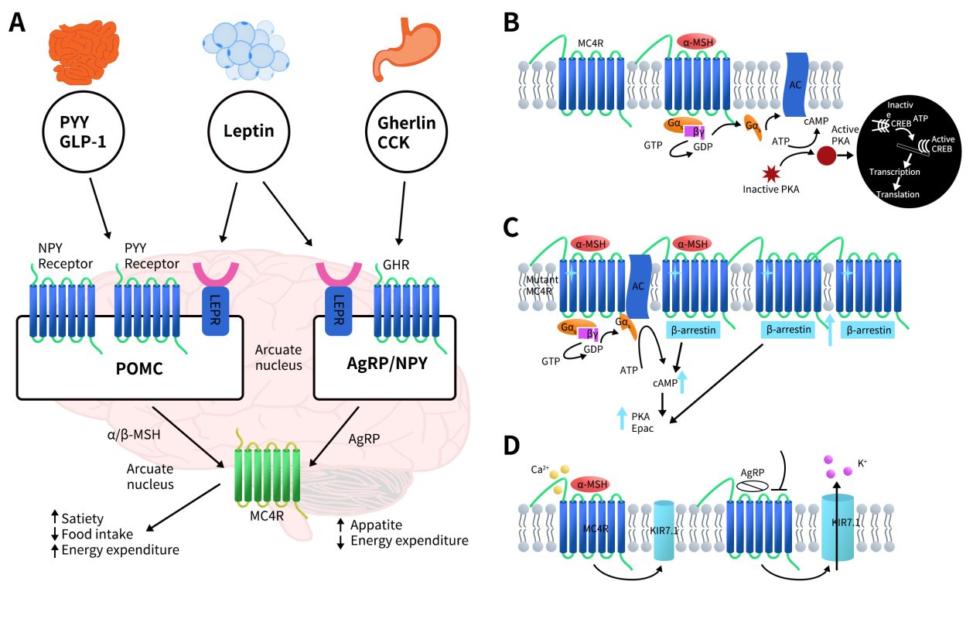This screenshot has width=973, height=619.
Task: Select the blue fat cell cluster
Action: click(245, 50)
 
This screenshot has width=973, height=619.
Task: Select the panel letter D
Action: click(511, 448)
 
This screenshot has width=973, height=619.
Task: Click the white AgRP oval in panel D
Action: click(749, 484)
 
